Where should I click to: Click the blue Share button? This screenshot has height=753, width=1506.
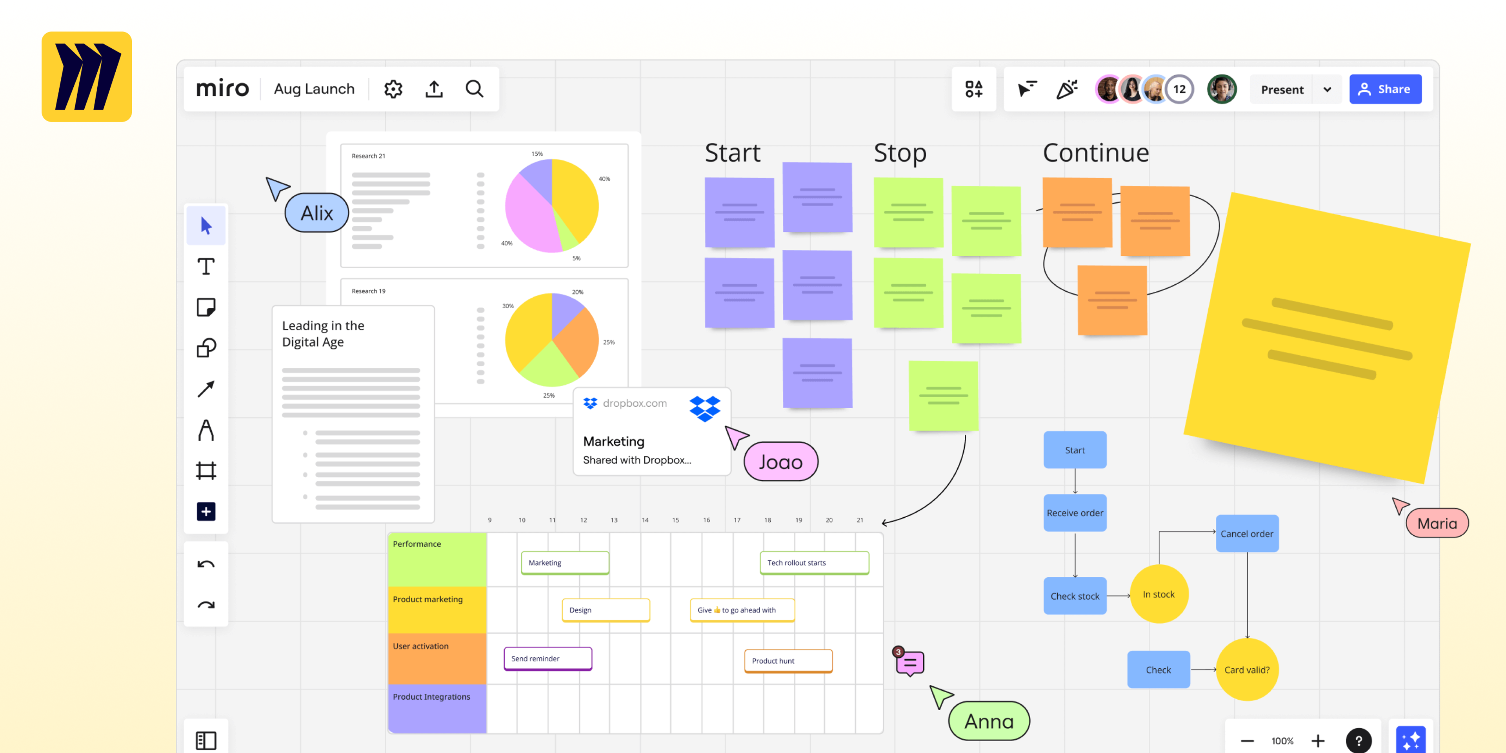click(1385, 89)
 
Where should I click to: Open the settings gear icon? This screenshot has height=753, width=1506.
click(393, 89)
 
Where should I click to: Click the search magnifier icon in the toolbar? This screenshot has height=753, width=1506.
click(474, 89)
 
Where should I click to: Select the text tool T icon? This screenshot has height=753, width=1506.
click(206, 267)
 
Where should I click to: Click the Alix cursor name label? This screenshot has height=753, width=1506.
click(317, 213)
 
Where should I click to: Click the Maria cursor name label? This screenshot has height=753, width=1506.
click(1437, 523)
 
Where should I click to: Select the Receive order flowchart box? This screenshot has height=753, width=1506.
click(1075, 513)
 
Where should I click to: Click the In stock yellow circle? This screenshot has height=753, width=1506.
click(1159, 594)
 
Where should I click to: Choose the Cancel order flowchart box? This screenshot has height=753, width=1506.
click(1247, 533)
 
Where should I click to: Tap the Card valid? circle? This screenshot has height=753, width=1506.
click(1247, 669)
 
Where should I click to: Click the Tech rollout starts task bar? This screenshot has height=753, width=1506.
click(815, 562)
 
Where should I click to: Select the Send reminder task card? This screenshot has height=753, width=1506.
click(548, 658)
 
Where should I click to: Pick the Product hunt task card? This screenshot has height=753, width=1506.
click(788, 660)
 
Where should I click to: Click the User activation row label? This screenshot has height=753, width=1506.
click(420, 646)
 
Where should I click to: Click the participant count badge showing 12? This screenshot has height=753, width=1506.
click(1179, 89)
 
